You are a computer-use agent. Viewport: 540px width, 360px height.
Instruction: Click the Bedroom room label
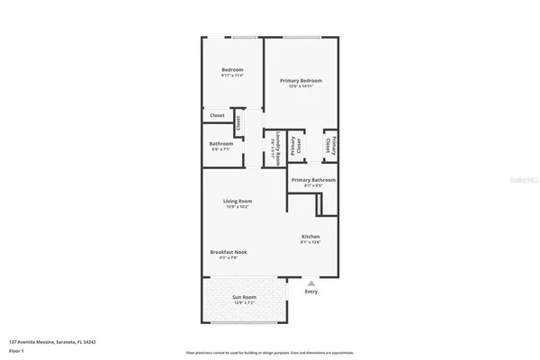pyautogui.click(x=232, y=69)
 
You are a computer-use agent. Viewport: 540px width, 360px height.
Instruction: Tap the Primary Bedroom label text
pyautogui.click(x=301, y=80)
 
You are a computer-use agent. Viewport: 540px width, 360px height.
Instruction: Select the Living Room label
pyautogui.click(x=238, y=201)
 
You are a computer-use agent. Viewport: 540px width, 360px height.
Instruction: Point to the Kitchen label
pyautogui.click(x=311, y=237)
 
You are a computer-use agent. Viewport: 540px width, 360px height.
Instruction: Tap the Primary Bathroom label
pyautogui.click(x=313, y=179)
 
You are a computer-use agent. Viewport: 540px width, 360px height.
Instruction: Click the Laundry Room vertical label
pyautogui.click(x=279, y=147)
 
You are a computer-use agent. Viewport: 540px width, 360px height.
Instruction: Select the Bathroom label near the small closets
pyautogui.click(x=221, y=144)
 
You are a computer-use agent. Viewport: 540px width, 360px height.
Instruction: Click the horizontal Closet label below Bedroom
pyautogui.click(x=217, y=115)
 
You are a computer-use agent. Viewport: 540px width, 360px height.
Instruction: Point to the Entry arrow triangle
pyautogui.click(x=311, y=282)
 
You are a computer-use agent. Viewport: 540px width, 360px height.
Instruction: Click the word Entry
pyautogui.click(x=311, y=291)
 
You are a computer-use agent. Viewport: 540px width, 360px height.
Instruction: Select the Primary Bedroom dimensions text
pyautogui.click(x=301, y=86)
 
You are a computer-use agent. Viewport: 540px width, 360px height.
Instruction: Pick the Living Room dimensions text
pyautogui.click(x=238, y=207)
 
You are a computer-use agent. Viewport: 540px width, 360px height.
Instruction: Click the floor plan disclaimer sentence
pyautogui.click(x=269, y=352)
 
